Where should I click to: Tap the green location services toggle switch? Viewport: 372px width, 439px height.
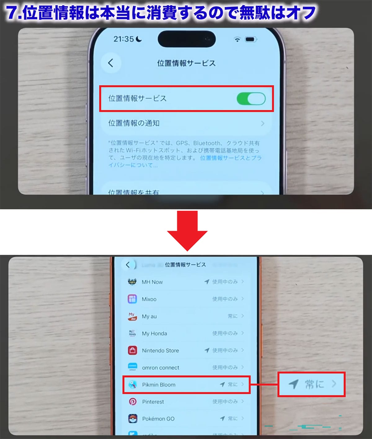coord(251,99)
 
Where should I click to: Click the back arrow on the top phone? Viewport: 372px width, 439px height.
coord(111,63)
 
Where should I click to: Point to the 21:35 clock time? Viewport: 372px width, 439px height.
coord(123,39)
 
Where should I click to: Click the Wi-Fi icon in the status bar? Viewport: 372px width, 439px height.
coord(237,39)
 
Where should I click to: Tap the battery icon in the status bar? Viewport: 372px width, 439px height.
coord(250,39)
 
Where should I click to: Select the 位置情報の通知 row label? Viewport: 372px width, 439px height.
coord(134,123)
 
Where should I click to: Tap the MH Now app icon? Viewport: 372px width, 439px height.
coord(132,282)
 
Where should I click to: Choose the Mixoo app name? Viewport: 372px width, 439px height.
coord(149,299)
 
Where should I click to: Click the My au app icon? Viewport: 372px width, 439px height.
coord(132,316)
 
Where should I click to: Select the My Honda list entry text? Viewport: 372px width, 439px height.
coord(154,333)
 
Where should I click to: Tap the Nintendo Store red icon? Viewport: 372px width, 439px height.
coord(132,350)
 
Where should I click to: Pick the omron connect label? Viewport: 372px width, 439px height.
coord(161,368)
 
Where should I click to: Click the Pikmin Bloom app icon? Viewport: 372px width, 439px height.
coord(133,385)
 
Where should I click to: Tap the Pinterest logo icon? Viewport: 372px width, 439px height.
coord(133,402)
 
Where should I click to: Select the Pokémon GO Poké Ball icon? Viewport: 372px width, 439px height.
coord(133,419)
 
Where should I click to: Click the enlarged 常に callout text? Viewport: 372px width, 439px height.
coord(314,384)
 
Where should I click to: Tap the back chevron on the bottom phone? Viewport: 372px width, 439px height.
coord(127,265)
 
